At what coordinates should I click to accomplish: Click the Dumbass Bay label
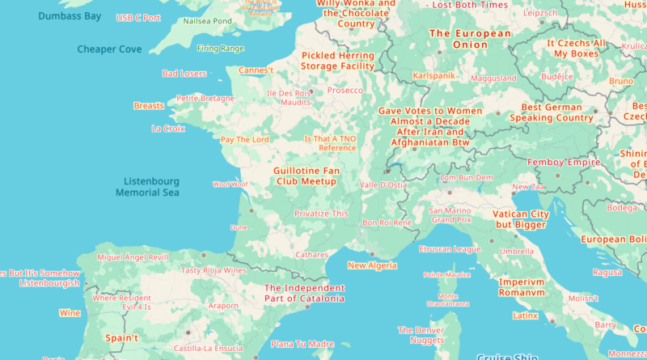tap(69, 15)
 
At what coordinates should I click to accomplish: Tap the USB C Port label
tap(138, 17)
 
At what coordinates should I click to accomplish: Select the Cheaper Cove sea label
tap(108, 49)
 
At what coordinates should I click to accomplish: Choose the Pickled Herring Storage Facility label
tap(338, 61)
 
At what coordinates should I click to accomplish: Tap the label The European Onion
tap(470, 39)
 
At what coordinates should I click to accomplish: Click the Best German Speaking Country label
tap(552, 112)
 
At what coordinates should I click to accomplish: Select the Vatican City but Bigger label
tap(522, 219)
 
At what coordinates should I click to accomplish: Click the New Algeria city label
tap(372, 265)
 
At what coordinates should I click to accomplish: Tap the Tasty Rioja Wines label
tap(214, 270)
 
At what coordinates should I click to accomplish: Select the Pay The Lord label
tap(244, 139)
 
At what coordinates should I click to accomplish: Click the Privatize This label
tap(321, 214)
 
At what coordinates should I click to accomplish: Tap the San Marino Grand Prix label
tap(450, 215)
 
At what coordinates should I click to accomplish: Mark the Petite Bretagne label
tap(205, 98)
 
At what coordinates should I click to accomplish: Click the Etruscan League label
tap(450, 249)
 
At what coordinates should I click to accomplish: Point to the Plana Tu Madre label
tap(302, 344)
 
